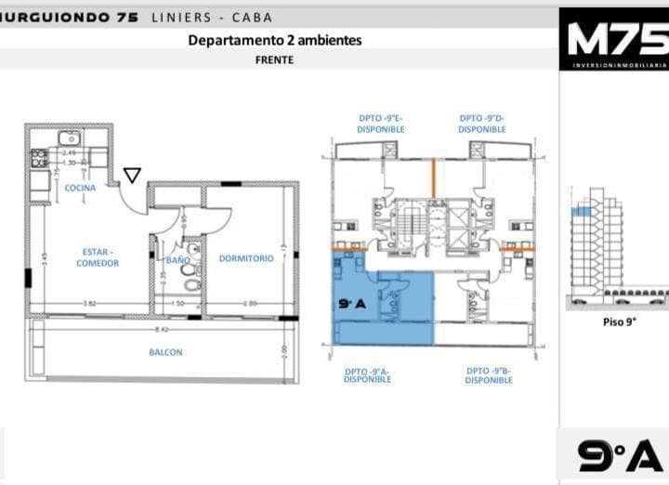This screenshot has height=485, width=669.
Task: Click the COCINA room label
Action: (80, 188)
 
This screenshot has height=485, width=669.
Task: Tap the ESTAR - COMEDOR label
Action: (98, 257)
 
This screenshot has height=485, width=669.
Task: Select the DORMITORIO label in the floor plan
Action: (246, 258)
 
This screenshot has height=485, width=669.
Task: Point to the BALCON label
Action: (165, 352)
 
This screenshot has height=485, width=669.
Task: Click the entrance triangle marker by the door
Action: (132, 175)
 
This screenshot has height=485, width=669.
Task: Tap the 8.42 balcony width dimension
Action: (163, 329)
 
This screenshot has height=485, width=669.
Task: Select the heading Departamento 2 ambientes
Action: (274, 40)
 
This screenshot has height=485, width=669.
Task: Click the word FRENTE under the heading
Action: (274, 59)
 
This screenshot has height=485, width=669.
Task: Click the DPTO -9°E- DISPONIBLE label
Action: (380, 124)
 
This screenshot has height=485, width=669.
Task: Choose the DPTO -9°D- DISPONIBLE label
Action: (481, 124)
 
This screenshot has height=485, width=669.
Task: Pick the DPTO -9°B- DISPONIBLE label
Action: (489, 375)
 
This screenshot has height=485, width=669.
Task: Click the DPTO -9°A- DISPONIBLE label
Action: (367, 375)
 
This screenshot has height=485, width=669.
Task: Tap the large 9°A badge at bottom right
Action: (619, 455)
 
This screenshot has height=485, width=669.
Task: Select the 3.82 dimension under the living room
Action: (90, 304)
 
